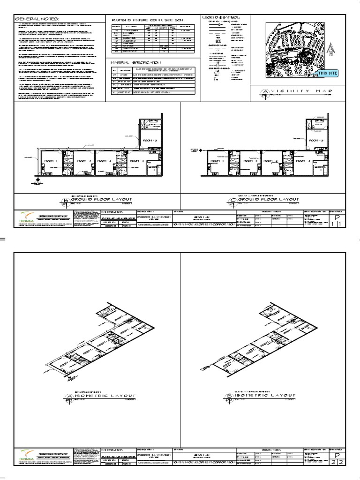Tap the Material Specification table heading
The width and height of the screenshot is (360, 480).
pos(135,61)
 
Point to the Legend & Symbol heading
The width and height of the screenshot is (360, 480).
pos(221,17)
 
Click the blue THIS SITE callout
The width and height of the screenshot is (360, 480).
pos(327,74)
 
